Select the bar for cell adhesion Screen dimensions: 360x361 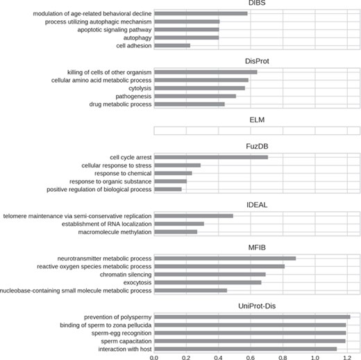pos(171,46)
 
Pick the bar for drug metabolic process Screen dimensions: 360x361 pos(189,104)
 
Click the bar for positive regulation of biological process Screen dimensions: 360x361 pos(167,189)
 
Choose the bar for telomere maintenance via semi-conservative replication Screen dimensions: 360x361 pos(193,216)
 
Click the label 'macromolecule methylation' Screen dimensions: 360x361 pos(110,232)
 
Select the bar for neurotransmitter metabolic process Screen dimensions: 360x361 pos(224,259)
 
